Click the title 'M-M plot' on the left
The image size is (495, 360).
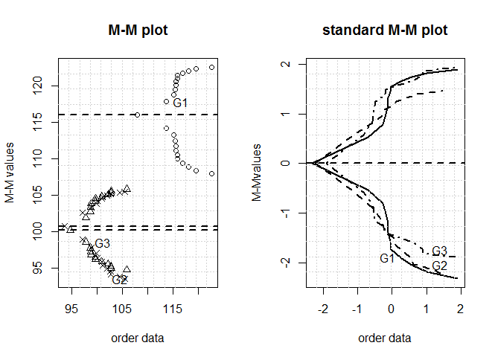(x=138, y=30)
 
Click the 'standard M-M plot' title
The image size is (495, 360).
(x=385, y=30)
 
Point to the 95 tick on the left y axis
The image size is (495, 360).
(x=43, y=267)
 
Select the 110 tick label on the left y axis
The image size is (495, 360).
(x=43, y=158)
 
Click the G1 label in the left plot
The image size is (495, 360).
(x=180, y=103)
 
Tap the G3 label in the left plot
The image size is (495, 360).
(x=103, y=244)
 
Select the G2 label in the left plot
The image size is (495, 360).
(x=119, y=280)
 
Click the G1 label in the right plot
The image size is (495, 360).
(x=387, y=258)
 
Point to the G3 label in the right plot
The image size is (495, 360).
(x=439, y=251)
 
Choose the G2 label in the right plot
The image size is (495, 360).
(x=439, y=266)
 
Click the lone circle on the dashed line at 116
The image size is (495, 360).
(x=137, y=115)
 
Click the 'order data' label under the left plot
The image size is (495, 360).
(x=138, y=338)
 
